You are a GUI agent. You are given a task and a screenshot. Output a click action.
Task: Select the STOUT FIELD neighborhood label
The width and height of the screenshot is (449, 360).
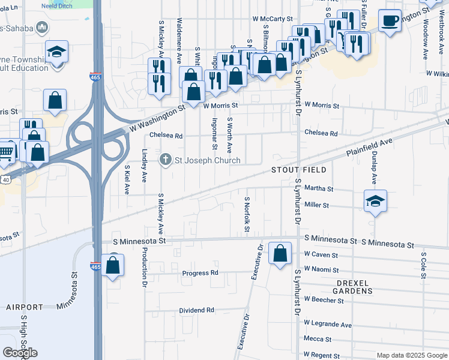[294, 170]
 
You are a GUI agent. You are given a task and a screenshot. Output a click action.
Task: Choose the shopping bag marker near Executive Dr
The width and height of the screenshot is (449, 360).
[280, 254]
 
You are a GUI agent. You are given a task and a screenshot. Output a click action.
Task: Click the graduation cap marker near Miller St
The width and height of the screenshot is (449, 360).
[375, 202]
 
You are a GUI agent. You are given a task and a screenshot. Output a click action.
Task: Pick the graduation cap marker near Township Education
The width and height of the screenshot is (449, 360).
[56, 52]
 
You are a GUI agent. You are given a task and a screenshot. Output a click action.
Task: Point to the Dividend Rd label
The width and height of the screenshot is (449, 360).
[196, 310]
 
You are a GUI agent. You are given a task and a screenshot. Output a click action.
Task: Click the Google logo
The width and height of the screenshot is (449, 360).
[20, 352]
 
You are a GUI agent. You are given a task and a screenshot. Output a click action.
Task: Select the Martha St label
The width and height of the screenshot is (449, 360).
[319, 188]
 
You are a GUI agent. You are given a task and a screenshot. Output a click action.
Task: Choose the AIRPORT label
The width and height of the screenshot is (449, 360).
[25, 307]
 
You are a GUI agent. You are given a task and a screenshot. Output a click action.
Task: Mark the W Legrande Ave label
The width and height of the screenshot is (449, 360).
[328, 325]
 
